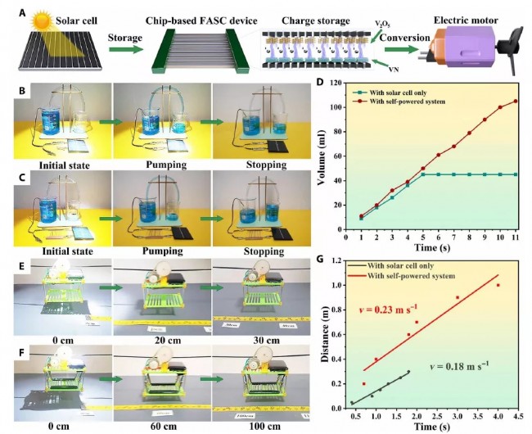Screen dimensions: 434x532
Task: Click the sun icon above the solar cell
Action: (x=40, y=18)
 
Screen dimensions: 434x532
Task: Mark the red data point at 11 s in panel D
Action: (x=516, y=102)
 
